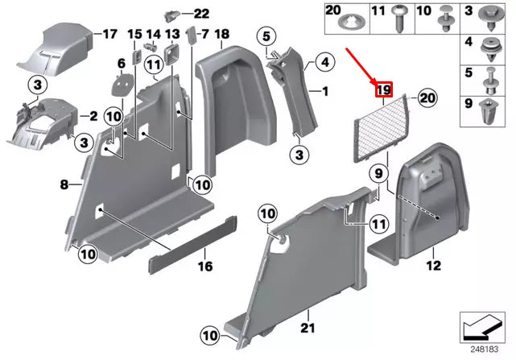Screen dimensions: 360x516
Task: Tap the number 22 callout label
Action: [x=200, y=13]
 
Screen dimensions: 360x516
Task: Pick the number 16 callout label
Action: [x=205, y=266]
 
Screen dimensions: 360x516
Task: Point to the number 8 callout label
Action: [x=65, y=185]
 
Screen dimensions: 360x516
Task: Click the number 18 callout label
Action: [x=222, y=34]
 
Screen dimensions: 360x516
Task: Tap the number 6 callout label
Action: [x=121, y=63]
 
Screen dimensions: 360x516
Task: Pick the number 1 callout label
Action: [x=326, y=91]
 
